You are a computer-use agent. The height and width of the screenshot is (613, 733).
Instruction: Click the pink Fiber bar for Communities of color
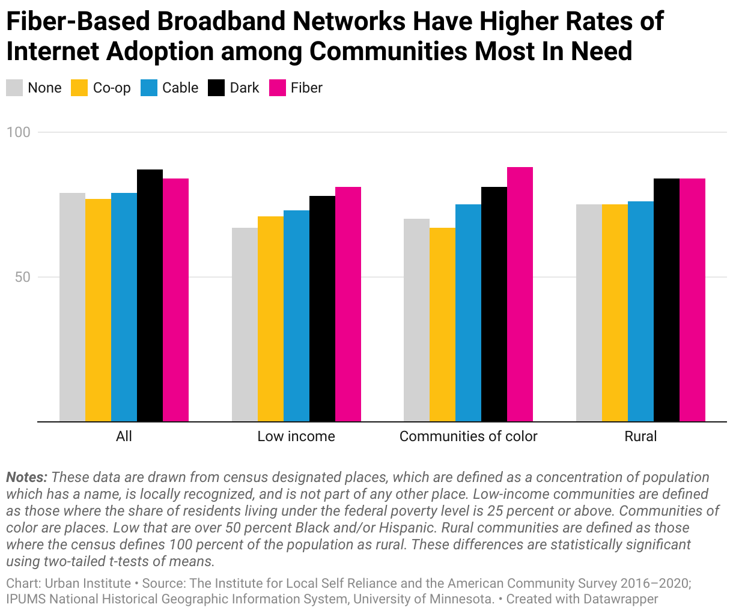click(x=520, y=294)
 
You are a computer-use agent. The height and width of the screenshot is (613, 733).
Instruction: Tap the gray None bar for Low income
click(x=245, y=325)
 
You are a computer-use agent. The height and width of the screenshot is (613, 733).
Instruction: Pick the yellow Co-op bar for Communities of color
click(x=442, y=325)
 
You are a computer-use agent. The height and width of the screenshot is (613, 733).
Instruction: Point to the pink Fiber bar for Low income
click(x=348, y=304)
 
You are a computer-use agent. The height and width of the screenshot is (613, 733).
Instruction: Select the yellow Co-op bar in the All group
click(x=98, y=310)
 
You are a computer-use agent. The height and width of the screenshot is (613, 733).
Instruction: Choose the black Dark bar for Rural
click(x=666, y=300)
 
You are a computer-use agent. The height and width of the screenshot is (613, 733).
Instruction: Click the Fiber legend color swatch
click(x=277, y=88)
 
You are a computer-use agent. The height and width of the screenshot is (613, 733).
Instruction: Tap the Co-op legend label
click(x=112, y=88)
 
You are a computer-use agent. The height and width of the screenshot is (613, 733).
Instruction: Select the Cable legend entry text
click(x=180, y=88)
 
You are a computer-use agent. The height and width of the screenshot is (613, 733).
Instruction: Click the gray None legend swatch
click(x=14, y=88)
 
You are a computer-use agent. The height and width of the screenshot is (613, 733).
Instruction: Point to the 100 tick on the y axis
click(x=18, y=132)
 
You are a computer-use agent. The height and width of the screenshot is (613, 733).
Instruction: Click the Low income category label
click(x=296, y=436)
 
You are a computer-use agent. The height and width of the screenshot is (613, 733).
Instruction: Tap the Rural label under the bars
click(x=640, y=436)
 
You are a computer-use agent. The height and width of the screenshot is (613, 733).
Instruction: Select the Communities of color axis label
click(x=468, y=436)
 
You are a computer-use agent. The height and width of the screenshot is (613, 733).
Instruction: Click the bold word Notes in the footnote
click(x=26, y=478)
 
